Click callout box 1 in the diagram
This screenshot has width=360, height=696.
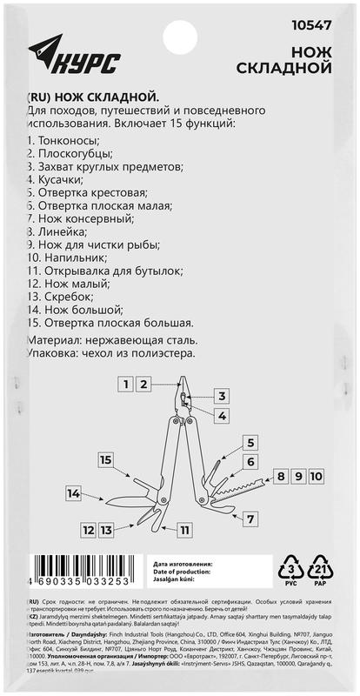(127, 383)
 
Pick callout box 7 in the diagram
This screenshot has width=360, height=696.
(250, 519)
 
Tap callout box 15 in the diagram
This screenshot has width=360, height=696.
(106, 458)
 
